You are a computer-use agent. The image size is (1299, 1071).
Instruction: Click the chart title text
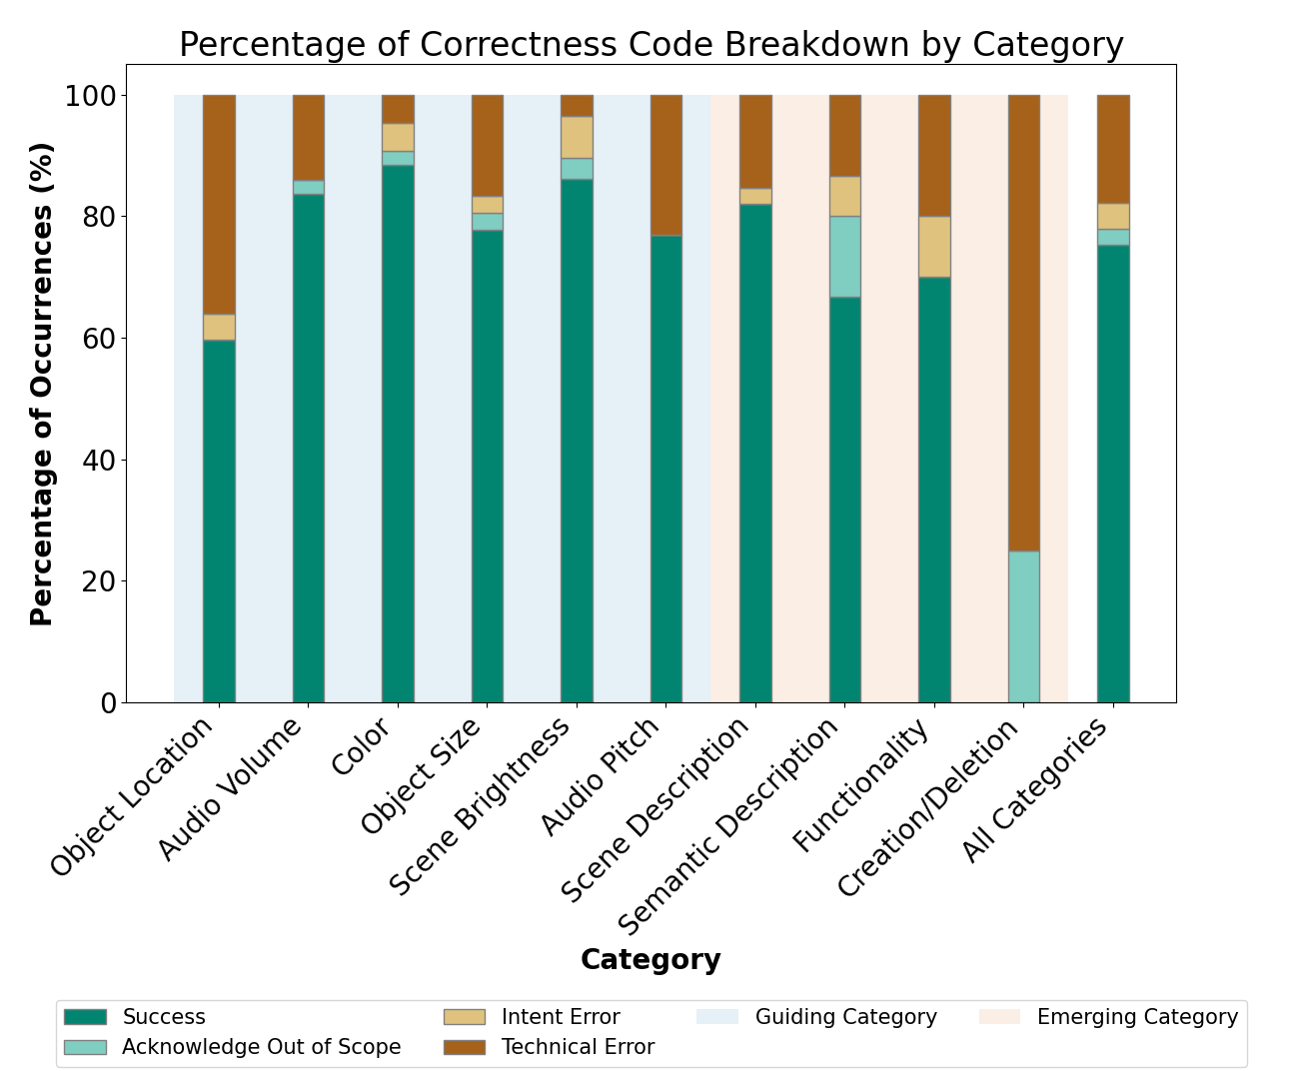pos(650,45)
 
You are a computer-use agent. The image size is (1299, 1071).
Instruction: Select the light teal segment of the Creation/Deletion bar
pos(1023,626)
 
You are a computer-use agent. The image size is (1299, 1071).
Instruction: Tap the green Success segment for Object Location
pos(219,521)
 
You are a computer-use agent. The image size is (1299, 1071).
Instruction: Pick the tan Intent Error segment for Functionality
pos(934,247)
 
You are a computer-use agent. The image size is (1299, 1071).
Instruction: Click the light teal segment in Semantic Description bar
pos(844,257)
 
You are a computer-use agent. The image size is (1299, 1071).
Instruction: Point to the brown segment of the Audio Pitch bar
pos(665,165)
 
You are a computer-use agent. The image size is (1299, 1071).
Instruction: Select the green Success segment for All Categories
pos(1113,474)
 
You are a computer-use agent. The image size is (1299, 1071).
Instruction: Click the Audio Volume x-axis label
pos(232,789)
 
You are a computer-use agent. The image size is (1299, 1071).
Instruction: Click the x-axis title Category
pos(650,960)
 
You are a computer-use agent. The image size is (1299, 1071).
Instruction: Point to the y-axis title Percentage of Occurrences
pos(41,384)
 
